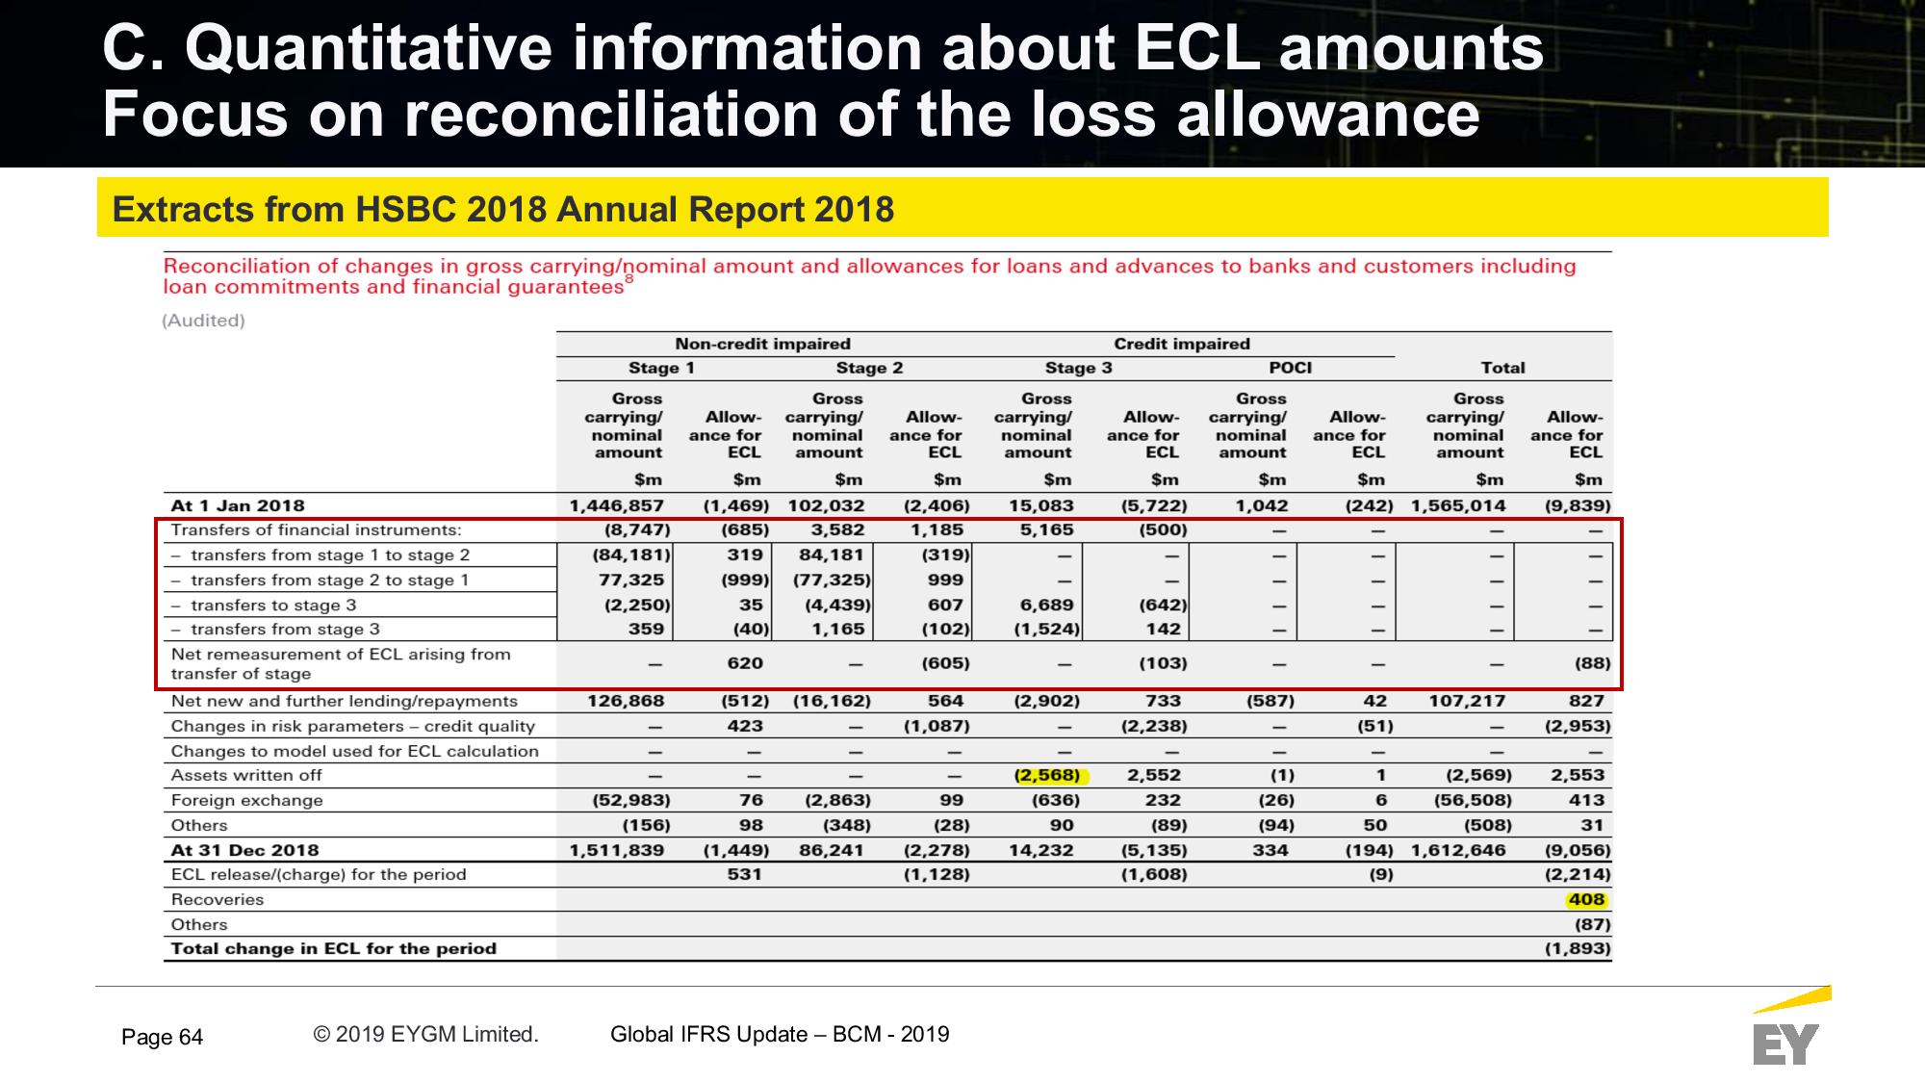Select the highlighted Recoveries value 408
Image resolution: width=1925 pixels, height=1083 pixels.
pos(1586,900)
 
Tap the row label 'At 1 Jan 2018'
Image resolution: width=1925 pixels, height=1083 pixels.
pos(238,505)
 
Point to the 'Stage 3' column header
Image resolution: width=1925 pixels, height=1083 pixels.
pos(1078,368)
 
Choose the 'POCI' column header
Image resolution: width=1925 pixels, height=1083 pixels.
pos(1291,368)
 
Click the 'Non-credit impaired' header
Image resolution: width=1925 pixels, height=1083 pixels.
pos(762,344)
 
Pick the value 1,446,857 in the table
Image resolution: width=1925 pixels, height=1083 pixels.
pos(616,505)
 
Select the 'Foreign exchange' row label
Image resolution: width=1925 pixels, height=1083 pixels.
pos(246,800)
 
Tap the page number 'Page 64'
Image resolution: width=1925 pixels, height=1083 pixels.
pos(162,1037)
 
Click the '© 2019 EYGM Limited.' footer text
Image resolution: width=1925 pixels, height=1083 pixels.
pos(425,1034)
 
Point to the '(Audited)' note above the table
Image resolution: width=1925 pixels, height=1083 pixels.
pos(203,321)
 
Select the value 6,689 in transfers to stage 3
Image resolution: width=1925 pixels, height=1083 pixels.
pos(1047,605)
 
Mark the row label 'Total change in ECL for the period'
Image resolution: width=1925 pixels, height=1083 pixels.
pos(334,948)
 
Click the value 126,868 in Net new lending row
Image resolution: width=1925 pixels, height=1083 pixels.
pos(626,701)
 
